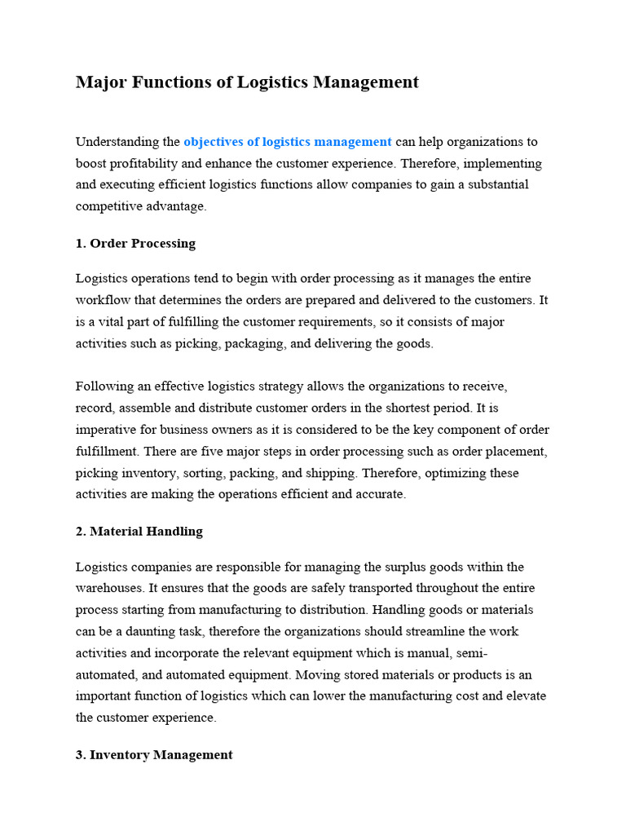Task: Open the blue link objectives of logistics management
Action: coord(288,142)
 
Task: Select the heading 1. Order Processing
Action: coord(135,243)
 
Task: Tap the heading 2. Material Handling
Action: coord(139,531)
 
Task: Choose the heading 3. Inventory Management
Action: coord(154,754)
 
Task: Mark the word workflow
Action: coord(101,300)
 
